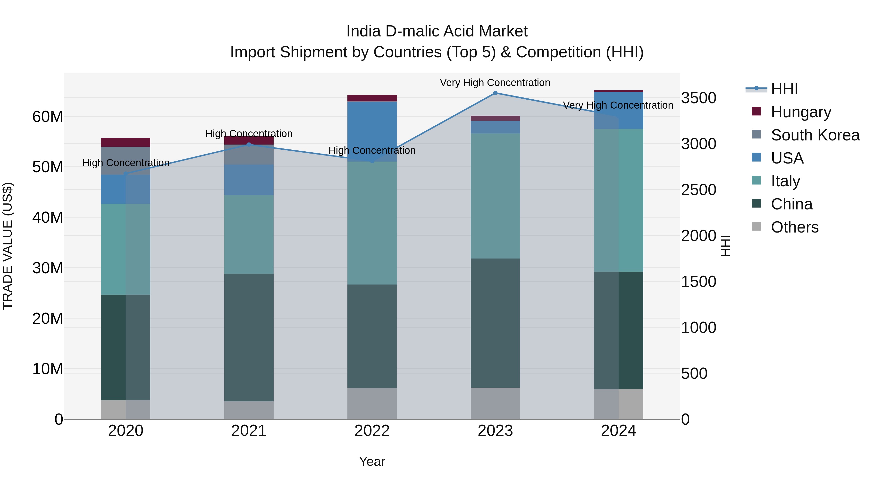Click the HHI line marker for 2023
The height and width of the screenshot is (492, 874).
tap(495, 93)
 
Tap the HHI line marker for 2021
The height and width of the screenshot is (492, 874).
tap(249, 145)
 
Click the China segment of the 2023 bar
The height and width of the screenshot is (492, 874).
tap(495, 323)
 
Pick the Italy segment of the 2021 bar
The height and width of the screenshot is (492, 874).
tap(249, 234)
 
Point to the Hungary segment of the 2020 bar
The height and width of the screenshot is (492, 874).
tap(126, 142)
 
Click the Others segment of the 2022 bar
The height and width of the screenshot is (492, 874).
tap(372, 403)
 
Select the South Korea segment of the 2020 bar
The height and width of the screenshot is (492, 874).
tap(126, 161)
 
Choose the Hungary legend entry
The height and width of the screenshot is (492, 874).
tap(801, 112)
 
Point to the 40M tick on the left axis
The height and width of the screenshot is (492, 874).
tap(48, 217)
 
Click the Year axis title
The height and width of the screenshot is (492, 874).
tap(372, 461)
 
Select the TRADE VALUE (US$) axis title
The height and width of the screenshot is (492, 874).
tap(8, 246)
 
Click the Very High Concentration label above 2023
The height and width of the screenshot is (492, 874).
tap(495, 83)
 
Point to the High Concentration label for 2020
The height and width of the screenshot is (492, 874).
tap(126, 163)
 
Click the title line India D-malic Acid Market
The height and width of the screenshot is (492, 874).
tap(437, 31)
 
